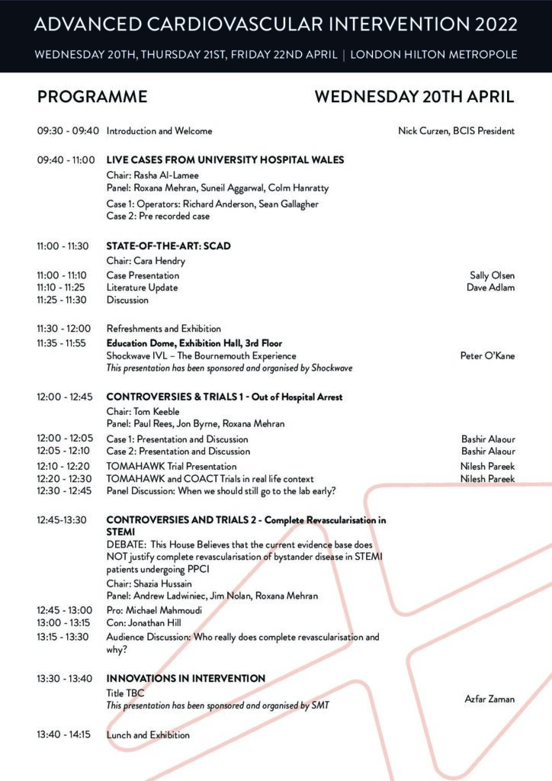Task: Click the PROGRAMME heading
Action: point(92,97)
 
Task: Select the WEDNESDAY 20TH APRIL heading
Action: point(414,97)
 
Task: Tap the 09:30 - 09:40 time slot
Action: point(68,131)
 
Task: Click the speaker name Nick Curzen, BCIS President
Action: point(456,131)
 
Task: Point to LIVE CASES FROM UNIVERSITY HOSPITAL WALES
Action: point(225,160)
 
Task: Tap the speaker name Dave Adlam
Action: point(490,288)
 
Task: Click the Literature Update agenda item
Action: point(142,288)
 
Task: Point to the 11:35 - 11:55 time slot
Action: point(68,343)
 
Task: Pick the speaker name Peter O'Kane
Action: point(487,355)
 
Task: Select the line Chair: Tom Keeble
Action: point(144,412)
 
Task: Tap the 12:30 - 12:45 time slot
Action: point(68,490)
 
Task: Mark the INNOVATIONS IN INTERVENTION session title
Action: point(185,678)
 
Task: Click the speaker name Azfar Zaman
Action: point(489,699)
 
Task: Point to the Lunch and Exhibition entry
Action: point(148,735)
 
